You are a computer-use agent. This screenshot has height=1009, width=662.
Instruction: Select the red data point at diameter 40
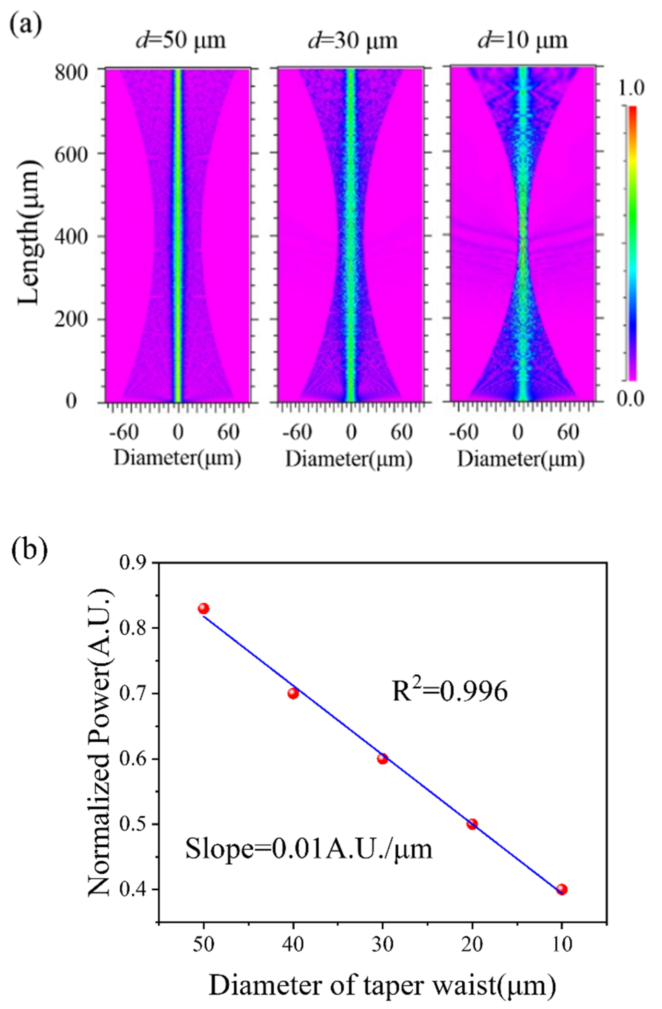pyautogui.click(x=293, y=694)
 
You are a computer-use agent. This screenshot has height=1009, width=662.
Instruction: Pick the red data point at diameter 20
pyautogui.click(x=472, y=824)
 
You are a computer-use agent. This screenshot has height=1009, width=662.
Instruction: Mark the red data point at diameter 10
pyautogui.click(x=562, y=889)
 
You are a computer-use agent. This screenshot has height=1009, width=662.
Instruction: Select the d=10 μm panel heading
pyautogui.click(x=523, y=41)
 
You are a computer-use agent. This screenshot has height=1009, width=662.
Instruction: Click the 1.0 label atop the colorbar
pyautogui.click(x=630, y=88)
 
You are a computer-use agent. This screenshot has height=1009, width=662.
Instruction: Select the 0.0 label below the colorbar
pyautogui.click(x=630, y=399)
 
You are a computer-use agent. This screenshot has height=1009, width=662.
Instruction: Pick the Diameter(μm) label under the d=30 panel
pyautogui.click(x=349, y=460)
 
